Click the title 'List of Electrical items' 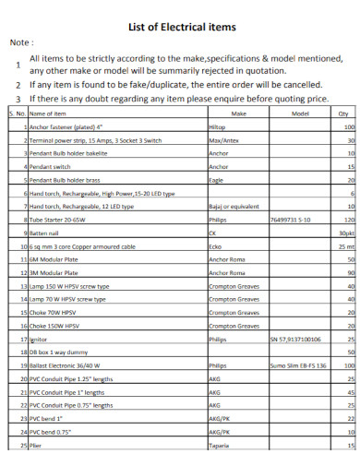click(x=181, y=27)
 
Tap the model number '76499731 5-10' click(x=293, y=221)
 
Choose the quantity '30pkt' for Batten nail click(x=345, y=234)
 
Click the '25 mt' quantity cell click(x=346, y=247)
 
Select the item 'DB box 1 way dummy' click(x=62, y=352)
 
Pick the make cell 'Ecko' click(x=216, y=247)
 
